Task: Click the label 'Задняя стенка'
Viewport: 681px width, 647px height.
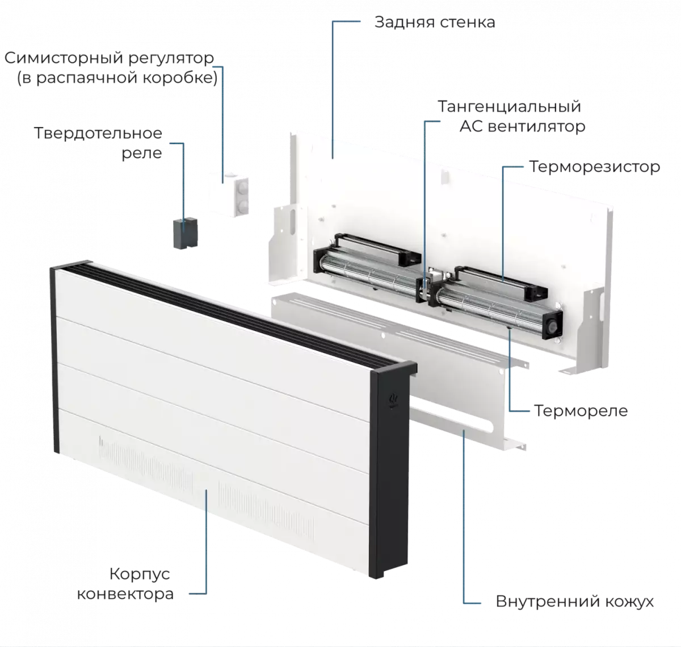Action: click(x=434, y=23)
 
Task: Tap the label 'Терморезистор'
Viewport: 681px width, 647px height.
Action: click(x=594, y=167)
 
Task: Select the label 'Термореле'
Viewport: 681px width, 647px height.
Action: click(x=581, y=410)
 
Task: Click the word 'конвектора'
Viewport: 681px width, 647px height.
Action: click(x=125, y=594)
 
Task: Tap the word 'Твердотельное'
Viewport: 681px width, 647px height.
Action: click(x=98, y=133)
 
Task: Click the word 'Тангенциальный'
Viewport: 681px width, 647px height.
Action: click(x=509, y=106)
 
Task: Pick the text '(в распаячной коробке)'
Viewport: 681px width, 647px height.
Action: click(x=117, y=78)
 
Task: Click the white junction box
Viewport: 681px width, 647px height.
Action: click(x=228, y=194)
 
